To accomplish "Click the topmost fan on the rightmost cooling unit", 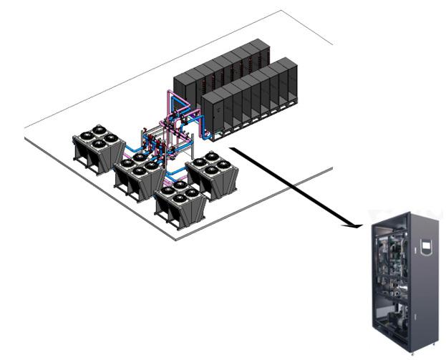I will click(x=213, y=155).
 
